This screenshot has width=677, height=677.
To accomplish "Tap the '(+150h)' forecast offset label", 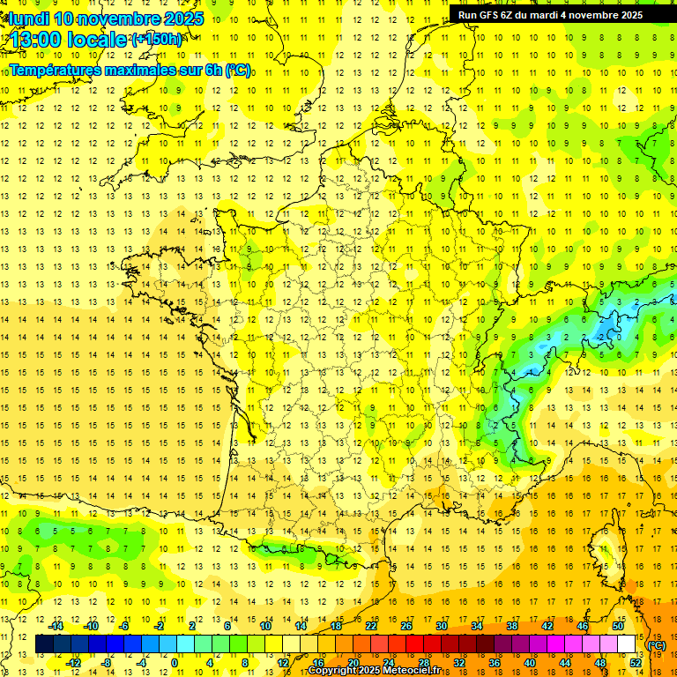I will [x=157, y=40].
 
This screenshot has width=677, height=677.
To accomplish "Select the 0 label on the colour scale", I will [x=175, y=663].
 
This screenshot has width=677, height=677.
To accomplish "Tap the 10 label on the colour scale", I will [x=265, y=626].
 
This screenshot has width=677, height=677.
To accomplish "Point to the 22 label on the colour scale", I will [x=371, y=626].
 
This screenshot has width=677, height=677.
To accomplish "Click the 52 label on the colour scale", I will [x=636, y=663].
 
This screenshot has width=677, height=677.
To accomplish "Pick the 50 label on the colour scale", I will [x=618, y=626].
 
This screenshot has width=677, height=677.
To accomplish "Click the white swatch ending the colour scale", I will [x=627, y=644].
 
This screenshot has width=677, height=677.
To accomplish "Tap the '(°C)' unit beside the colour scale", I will [x=656, y=645].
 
